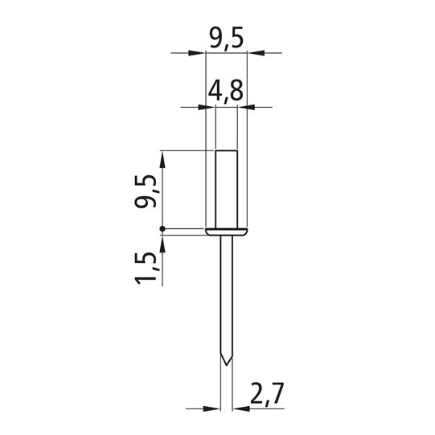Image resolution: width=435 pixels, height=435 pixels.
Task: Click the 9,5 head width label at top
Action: (x=226, y=39)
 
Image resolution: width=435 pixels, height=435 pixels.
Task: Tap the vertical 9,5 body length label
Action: (x=146, y=191)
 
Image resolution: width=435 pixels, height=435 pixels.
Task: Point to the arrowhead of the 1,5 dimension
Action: (x=163, y=243)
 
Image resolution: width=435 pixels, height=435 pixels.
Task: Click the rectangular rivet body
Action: (x=225, y=189)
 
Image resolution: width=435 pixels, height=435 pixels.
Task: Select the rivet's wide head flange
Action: (x=226, y=232)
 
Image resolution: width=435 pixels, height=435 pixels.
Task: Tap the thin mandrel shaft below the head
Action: (x=226, y=298)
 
